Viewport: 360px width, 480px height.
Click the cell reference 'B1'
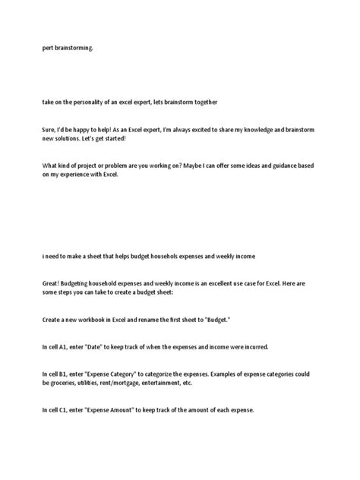[x=64, y=374]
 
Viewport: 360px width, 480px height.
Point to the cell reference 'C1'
[x=64, y=410]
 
